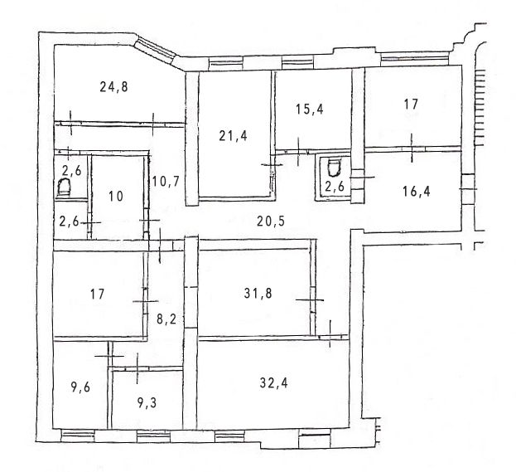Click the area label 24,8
[113, 87]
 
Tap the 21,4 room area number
[233, 136]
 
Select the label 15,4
[309, 109]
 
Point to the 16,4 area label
[417, 191]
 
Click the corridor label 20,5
[271, 221]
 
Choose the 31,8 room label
[258, 293]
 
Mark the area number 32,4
[273, 383]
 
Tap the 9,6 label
[80, 387]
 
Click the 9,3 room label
[147, 403]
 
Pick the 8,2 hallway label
[166, 319]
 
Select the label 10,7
[166, 182]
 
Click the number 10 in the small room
[116, 197]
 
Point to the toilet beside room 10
[65, 187]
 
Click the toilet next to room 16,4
[333, 168]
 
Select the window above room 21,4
[226, 62]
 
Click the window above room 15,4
[297, 62]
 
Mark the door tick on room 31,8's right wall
[310, 299]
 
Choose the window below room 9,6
[78, 435]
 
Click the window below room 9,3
[153, 436]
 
